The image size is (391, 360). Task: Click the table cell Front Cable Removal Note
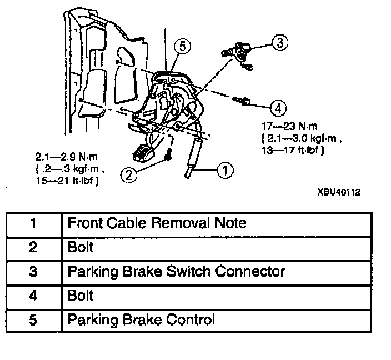[156, 223]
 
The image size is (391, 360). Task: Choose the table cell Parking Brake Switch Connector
[176, 272]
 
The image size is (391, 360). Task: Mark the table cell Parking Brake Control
[141, 320]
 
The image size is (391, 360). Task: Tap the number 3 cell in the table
[33, 272]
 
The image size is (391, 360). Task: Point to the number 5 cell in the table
[33, 320]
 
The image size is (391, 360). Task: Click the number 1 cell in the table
[33, 223]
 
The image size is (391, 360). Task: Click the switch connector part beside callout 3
[242, 51]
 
